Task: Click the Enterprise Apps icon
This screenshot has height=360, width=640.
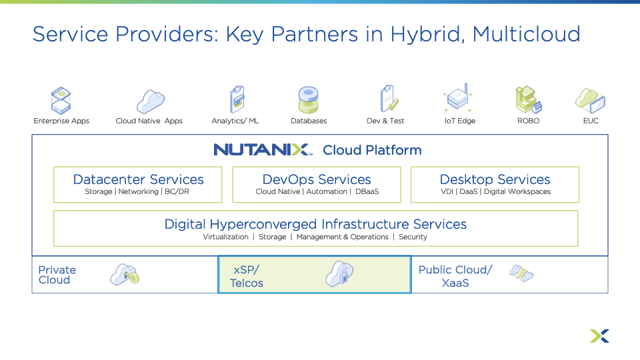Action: [x=61, y=100]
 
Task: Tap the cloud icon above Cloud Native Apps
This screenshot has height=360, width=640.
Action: [x=150, y=101]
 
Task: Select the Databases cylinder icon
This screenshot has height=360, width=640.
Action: [x=309, y=100]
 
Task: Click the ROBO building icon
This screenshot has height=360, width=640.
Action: [x=527, y=100]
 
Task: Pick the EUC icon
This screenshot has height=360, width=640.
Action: [x=590, y=101]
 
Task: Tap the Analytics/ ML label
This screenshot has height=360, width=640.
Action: [x=235, y=121]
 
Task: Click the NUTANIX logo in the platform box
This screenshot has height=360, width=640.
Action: [x=263, y=149]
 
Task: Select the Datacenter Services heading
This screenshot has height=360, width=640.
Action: [x=138, y=179]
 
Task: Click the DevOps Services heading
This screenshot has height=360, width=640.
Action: [x=317, y=179]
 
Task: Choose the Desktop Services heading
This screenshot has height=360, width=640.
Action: [x=495, y=179]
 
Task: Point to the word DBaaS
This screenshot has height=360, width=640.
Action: [x=367, y=192]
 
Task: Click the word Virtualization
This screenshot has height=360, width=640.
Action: [x=225, y=237]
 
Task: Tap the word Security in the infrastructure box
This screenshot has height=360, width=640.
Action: [x=413, y=237]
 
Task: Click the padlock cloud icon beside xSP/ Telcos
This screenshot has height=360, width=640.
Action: [x=339, y=273]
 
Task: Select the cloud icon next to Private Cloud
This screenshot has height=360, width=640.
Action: [x=125, y=275]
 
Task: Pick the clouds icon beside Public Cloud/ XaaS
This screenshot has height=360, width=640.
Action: [x=521, y=273]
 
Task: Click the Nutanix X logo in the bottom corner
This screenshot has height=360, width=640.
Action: [x=599, y=336]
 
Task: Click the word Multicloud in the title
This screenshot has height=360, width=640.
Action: [x=526, y=34]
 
